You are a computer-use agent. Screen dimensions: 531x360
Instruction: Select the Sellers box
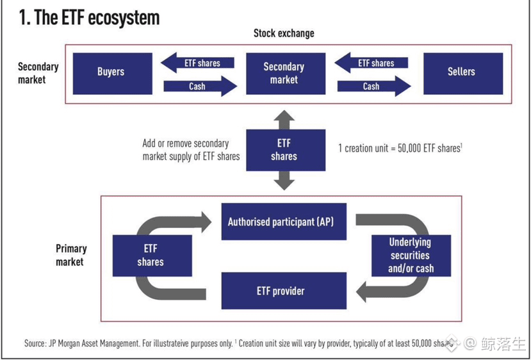[463, 74]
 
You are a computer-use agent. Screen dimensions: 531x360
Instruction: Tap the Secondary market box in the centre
[286, 74]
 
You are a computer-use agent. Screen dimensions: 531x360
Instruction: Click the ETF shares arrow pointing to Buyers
[197, 63]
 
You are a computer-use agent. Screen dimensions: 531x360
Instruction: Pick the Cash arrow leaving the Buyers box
[200, 86]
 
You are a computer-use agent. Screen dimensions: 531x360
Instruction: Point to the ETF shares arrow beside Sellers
[371, 63]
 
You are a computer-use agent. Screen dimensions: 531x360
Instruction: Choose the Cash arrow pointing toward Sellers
[374, 86]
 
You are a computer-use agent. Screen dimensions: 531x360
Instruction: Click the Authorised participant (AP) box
[284, 222]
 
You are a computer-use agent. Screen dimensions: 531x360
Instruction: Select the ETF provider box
[284, 291]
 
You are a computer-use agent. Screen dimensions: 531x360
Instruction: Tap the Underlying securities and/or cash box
[411, 256]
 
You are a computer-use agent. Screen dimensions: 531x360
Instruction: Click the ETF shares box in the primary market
[152, 256]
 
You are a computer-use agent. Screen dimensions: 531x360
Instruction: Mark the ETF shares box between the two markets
[286, 150]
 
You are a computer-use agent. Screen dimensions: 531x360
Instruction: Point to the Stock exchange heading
[284, 33]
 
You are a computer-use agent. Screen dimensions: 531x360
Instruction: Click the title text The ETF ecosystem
[90, 17]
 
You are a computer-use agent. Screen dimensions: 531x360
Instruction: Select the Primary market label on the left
[71, 255]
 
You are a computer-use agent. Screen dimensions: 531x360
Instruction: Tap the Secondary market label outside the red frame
[38, 72]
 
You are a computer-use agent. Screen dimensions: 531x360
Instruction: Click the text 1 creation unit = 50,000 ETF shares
[400, 149]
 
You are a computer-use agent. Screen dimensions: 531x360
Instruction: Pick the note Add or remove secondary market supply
[191, 150]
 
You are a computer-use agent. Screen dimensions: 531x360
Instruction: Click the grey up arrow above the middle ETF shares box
[284, 120]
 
